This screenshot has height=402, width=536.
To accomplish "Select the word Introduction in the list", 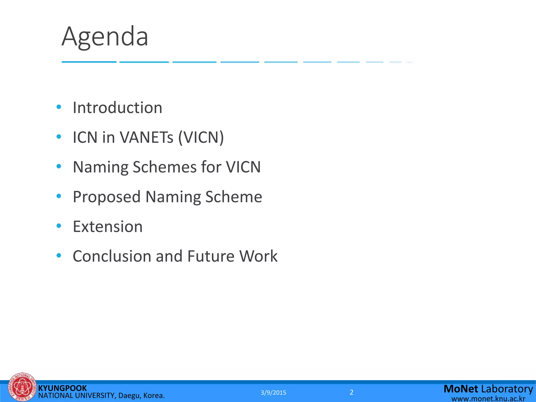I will tap(118, 108).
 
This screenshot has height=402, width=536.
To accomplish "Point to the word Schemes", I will tap(164, 167).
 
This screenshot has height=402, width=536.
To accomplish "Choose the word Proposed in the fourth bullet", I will tap(107, 197).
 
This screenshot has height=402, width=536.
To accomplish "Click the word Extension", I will tap(108, 226).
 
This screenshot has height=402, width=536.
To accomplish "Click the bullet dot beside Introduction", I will tap(59, 107).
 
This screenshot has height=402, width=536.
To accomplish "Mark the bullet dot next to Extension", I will tap(59, 226).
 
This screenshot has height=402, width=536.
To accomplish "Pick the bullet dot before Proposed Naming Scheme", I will tap(59, 196).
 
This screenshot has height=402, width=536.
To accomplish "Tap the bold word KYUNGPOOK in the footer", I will tap(63, 388).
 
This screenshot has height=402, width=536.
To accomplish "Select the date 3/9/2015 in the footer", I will tap(273, 393).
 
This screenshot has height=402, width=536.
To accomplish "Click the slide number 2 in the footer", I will tap(351, 392).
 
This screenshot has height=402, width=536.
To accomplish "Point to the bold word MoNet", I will tap(461, 389).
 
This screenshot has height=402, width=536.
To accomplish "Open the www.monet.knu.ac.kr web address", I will tap(488, 399).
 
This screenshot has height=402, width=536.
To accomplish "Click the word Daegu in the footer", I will tap(128, 395).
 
